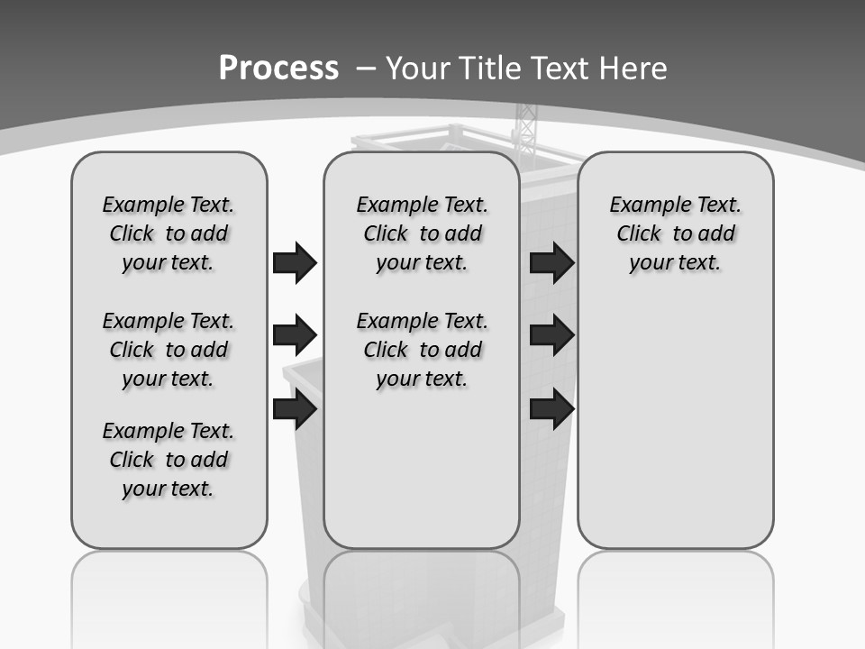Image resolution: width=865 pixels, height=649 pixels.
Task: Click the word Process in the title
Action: [278, 69]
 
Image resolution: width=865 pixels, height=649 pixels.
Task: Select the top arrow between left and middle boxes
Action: [295, 262]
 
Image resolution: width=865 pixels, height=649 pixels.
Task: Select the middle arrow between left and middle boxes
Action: [295, 335]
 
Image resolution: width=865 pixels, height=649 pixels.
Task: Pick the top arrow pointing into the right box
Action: [551, 262]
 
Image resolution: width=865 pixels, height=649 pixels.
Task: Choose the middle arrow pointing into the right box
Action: [551, 335]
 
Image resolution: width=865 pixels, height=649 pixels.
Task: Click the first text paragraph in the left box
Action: [168, 233]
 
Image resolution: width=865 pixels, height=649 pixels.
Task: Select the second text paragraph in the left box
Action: [168, 350]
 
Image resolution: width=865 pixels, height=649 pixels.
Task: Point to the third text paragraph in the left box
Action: [168, 460]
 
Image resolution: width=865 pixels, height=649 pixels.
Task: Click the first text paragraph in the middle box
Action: [422, 233]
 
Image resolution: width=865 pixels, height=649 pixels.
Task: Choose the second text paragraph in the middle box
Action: [422, 350]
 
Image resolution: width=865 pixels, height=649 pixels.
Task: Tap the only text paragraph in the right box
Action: [675, 233]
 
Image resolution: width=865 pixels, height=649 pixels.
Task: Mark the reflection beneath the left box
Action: [169, 595]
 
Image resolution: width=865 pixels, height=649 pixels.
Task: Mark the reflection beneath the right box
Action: [675, 595]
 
